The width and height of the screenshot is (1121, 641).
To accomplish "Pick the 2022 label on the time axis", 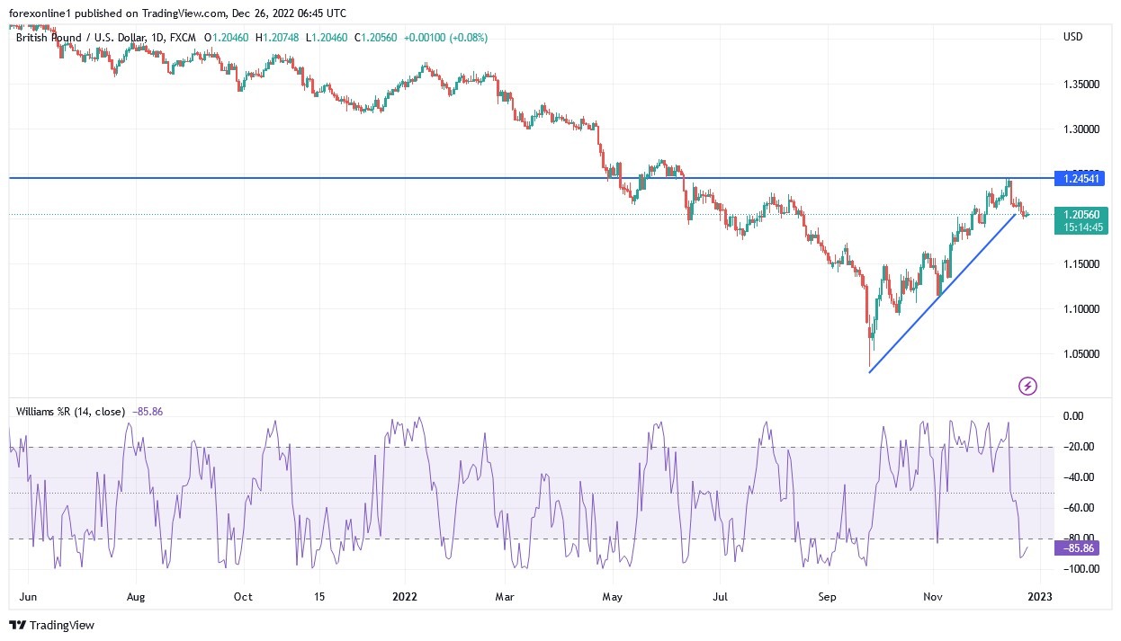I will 404,596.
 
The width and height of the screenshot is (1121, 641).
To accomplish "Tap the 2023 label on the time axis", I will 1040,596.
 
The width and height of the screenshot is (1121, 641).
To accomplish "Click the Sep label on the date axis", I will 828,596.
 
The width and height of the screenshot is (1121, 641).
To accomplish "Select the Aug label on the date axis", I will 136,596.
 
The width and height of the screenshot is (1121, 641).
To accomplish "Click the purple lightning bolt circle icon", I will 1027,387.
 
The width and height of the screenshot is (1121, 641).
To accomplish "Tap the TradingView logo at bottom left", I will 52,625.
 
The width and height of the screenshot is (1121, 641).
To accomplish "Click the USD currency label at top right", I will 1072,37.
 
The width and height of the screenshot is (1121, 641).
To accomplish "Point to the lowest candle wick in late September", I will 869,363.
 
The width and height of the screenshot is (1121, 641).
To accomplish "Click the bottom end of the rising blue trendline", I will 870,372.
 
